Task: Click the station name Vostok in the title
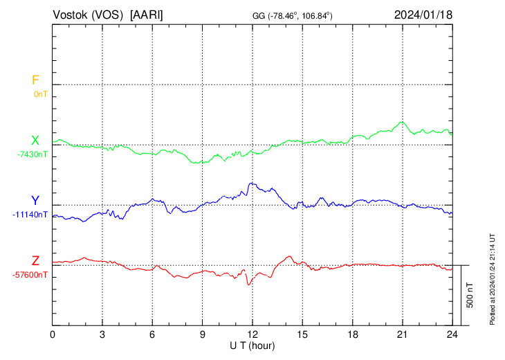pos(73,15)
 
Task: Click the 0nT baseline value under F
pos(40,93)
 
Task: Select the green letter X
pos(35,141)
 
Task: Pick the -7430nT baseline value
pos(33,154)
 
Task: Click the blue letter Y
pos(35,201)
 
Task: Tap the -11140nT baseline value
pos(30,214)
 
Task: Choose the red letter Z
pos(35,261)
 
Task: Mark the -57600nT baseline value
pos(30,274)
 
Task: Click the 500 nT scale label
pos(470,295)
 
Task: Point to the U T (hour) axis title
pos(252,344)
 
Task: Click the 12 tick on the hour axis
pos(252,334)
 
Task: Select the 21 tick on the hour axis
pos(402,334)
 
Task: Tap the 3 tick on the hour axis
pos(102,334)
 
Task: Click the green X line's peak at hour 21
pos(402,122)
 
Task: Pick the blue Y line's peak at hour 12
pos(251,183)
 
